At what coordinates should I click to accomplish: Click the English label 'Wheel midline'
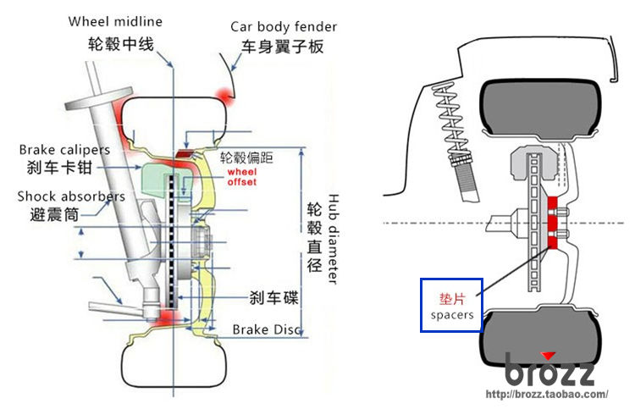(115, 21)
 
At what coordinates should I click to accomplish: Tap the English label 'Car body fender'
(284, 27)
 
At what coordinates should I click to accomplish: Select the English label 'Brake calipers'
(65, 150)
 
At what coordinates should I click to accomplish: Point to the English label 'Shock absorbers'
(71, 196)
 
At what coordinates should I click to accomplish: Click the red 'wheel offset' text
(242, 177)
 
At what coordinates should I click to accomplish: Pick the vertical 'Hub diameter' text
(333, 239)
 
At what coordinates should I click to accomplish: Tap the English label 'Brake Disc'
(267, 329)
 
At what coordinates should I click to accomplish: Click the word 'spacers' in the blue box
(452, 315)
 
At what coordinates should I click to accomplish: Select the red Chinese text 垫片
(452, 299)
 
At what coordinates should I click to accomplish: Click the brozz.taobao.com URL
(547, 394)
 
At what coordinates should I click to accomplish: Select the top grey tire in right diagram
(540, 107)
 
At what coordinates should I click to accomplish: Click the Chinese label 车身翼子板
(283, 47)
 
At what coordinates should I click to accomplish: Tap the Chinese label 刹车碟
(273, 298)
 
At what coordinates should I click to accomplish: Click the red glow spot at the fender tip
(224, 96)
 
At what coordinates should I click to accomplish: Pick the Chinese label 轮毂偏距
(246, 158)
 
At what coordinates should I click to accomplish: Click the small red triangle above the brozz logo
(549, 356)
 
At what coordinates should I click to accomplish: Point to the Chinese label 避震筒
(54, 214)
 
